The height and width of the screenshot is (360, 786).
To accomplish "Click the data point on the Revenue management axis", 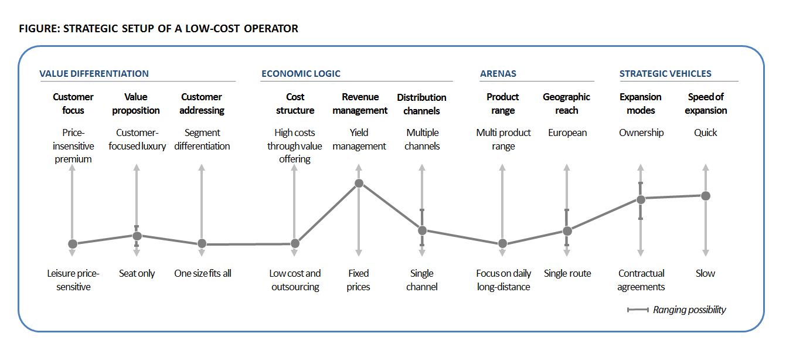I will point(359,184).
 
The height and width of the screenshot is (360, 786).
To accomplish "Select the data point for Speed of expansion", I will point(706,196).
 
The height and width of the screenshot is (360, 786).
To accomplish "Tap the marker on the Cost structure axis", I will point(295,243).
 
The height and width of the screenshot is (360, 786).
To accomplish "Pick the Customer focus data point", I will point(73,244).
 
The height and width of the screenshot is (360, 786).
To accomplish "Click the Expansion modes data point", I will point(641,199).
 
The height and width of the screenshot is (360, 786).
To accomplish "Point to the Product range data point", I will point(502,244).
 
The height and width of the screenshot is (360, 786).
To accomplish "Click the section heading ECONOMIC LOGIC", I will point(301,74).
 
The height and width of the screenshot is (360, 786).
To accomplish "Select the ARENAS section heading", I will point(498,74).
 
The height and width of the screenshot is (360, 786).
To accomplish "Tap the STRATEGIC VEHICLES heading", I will point(665,74).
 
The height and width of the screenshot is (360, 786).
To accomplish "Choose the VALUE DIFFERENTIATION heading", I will point(94,74).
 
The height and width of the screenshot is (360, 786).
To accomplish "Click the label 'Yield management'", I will point(359,140).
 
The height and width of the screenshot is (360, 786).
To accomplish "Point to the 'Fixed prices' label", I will point(358,280).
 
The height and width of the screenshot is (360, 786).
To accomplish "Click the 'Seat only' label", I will point(137,273).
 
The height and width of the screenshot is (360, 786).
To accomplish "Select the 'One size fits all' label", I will point(203,273).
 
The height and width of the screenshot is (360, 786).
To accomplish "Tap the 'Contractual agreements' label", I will point(641,280).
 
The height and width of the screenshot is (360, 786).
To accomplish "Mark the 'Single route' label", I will point(567,273).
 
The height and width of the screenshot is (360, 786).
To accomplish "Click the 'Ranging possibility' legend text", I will point(689,310).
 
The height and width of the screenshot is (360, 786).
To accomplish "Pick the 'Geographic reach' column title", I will point(566,104).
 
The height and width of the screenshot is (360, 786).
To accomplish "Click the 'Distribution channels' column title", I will point(421,104).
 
